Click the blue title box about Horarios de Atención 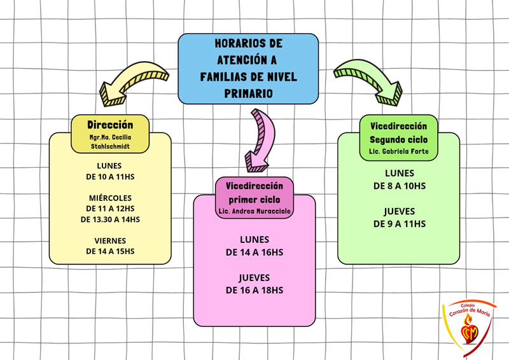coord(248,68)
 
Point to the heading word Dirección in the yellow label coord(110,125)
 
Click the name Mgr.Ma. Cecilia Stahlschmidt coord(110,142)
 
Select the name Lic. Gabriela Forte coord(399,152)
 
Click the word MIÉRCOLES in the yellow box coord(110,197)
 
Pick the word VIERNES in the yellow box coord(110,240)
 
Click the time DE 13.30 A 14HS coord(110,219)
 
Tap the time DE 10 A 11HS coord(110,176)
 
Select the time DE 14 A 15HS coord(110,251)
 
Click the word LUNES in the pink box coord(254,240)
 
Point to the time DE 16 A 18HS coord(254,289)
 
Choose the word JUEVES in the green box coord(399,211)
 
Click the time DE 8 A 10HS coord(399,185)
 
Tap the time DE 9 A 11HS coord(399,223)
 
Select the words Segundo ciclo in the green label coord(399,139)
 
